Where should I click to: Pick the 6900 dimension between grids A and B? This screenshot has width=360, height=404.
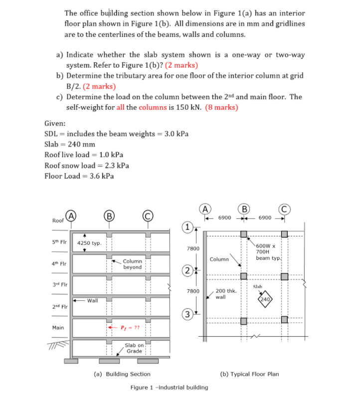click(x=225, y=218)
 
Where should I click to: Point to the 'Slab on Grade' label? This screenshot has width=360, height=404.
click(x=134, y=348)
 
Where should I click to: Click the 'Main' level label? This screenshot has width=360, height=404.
click(x=58, y=328)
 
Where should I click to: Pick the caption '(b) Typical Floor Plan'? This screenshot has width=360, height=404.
click(x=250, y=374)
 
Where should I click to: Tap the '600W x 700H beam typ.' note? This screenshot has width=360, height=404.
click(x=270, y=251)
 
